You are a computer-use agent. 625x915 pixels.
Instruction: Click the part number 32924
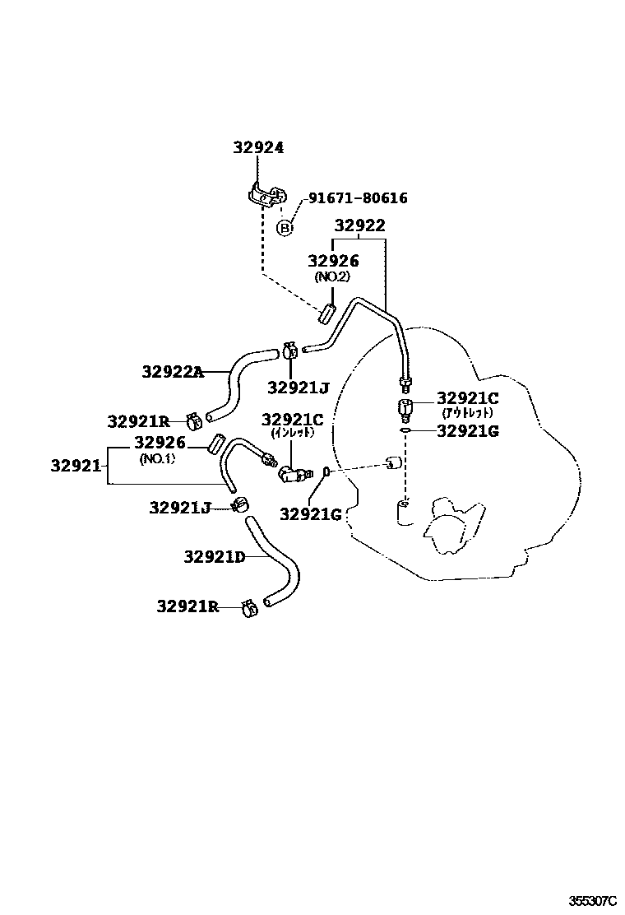coord(257,148)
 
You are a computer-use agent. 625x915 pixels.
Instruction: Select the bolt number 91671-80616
coord(358,198)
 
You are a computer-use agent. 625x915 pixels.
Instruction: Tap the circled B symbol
coord(284,228)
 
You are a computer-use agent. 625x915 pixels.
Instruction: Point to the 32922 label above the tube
coord(359,226)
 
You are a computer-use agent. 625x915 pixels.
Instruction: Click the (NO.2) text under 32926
coord(333,277)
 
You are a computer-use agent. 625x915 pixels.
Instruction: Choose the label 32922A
coord(171,372)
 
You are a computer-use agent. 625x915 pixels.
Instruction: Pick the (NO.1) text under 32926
coord(156,458)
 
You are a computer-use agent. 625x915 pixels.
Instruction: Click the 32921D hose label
coord(214,557)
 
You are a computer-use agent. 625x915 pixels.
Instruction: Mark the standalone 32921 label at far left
coord(76,465)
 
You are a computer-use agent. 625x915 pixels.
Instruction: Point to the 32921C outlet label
coord(467,398)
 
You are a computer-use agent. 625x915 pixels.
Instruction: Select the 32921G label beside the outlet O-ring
coord(467,430)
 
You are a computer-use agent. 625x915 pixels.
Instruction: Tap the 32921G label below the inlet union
coord(310,514)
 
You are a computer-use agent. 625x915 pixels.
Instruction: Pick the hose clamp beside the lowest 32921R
coord(248,609)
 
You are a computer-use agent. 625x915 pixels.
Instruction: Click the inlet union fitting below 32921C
coord(292,473)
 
